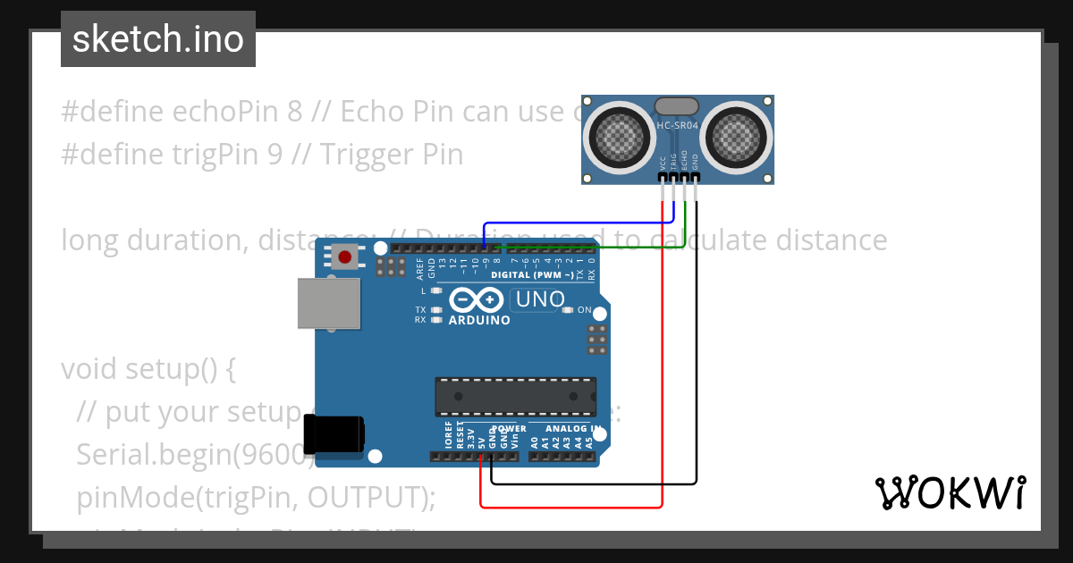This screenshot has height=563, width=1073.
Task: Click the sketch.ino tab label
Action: point(158,39)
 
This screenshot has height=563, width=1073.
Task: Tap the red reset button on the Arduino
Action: point(345,258)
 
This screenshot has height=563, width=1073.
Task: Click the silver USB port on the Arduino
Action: point(329,305)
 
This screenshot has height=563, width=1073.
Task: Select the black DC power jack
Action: point(334,435)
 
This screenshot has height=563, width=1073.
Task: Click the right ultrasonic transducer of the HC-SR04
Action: point(739,138)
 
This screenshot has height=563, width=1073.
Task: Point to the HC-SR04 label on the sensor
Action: point(678,126)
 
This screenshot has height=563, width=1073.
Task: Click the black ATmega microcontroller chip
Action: point(516,397)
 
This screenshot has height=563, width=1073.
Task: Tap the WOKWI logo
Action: point(950,492)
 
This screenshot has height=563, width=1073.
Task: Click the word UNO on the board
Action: point(540,299)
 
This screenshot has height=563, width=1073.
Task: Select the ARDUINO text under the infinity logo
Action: point(479,320)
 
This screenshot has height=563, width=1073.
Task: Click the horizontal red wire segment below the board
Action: point(572,508)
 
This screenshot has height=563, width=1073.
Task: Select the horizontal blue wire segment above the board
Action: point(572,223)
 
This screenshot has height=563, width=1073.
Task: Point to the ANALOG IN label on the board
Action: point(570,429)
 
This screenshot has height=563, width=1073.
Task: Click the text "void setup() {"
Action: point(148,369)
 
